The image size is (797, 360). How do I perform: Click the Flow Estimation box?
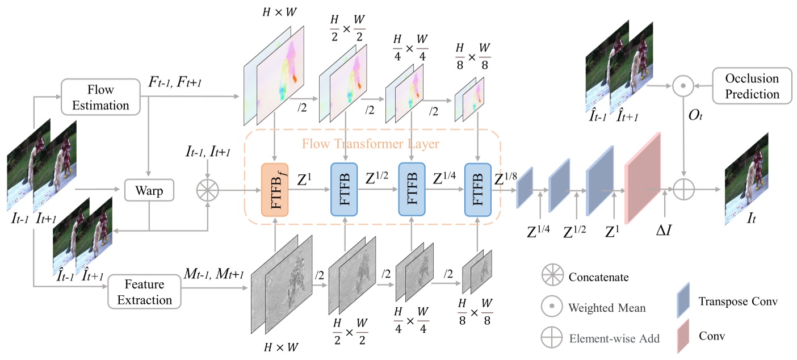click(100, 98)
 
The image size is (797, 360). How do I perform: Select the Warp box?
click(149, 191)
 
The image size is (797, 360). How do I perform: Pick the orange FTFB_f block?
click(275, 190)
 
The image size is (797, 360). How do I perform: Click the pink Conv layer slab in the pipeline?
click(643, 178)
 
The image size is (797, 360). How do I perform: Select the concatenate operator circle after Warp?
click(208, 191)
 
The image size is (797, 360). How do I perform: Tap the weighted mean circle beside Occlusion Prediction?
click(684, 86)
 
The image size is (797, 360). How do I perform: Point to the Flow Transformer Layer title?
click(371, 144)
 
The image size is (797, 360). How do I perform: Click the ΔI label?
click(664, 232)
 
